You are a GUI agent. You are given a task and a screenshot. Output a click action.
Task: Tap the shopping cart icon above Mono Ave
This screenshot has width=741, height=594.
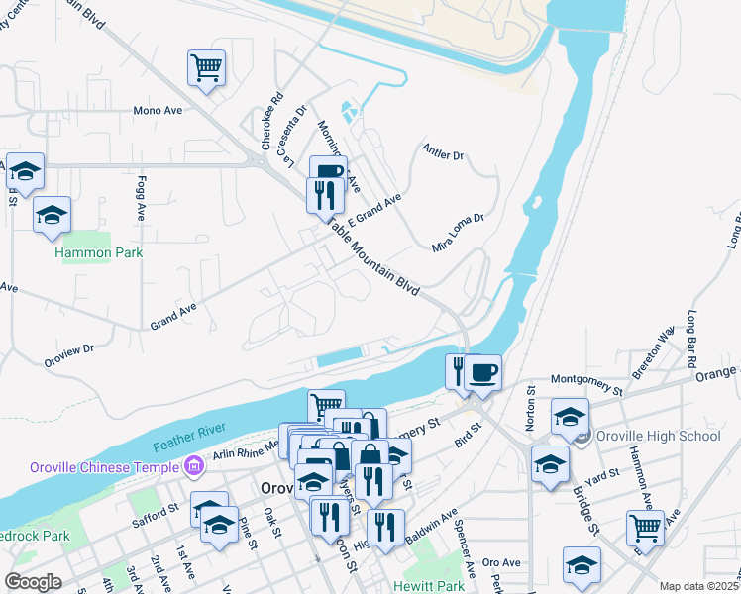[x=207, y=68]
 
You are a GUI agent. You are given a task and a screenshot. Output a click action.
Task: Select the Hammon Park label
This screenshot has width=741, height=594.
[x=99, y=252]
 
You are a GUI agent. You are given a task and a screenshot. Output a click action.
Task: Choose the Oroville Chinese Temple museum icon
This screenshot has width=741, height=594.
[x=193, y=464]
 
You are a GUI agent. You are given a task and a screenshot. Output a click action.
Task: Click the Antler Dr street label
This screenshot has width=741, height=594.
[x=442, y=155]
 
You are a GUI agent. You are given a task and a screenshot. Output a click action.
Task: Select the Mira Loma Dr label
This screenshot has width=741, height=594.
[x=457, y=232]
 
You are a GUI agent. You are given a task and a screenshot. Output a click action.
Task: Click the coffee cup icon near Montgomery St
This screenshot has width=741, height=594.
[x=482, y=372]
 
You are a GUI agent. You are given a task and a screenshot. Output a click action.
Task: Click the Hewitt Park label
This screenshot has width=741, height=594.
[x=427, y=586]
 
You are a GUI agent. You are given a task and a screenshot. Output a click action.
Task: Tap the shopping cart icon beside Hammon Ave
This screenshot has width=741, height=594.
[x=646, y=528]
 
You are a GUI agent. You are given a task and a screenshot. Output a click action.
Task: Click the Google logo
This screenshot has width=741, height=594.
[x=34, y=582]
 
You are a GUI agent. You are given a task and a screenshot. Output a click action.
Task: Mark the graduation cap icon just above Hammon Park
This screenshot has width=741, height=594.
[x=52, y=214]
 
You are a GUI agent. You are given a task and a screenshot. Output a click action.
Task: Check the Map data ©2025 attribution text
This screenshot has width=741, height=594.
[x=698, y=586]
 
